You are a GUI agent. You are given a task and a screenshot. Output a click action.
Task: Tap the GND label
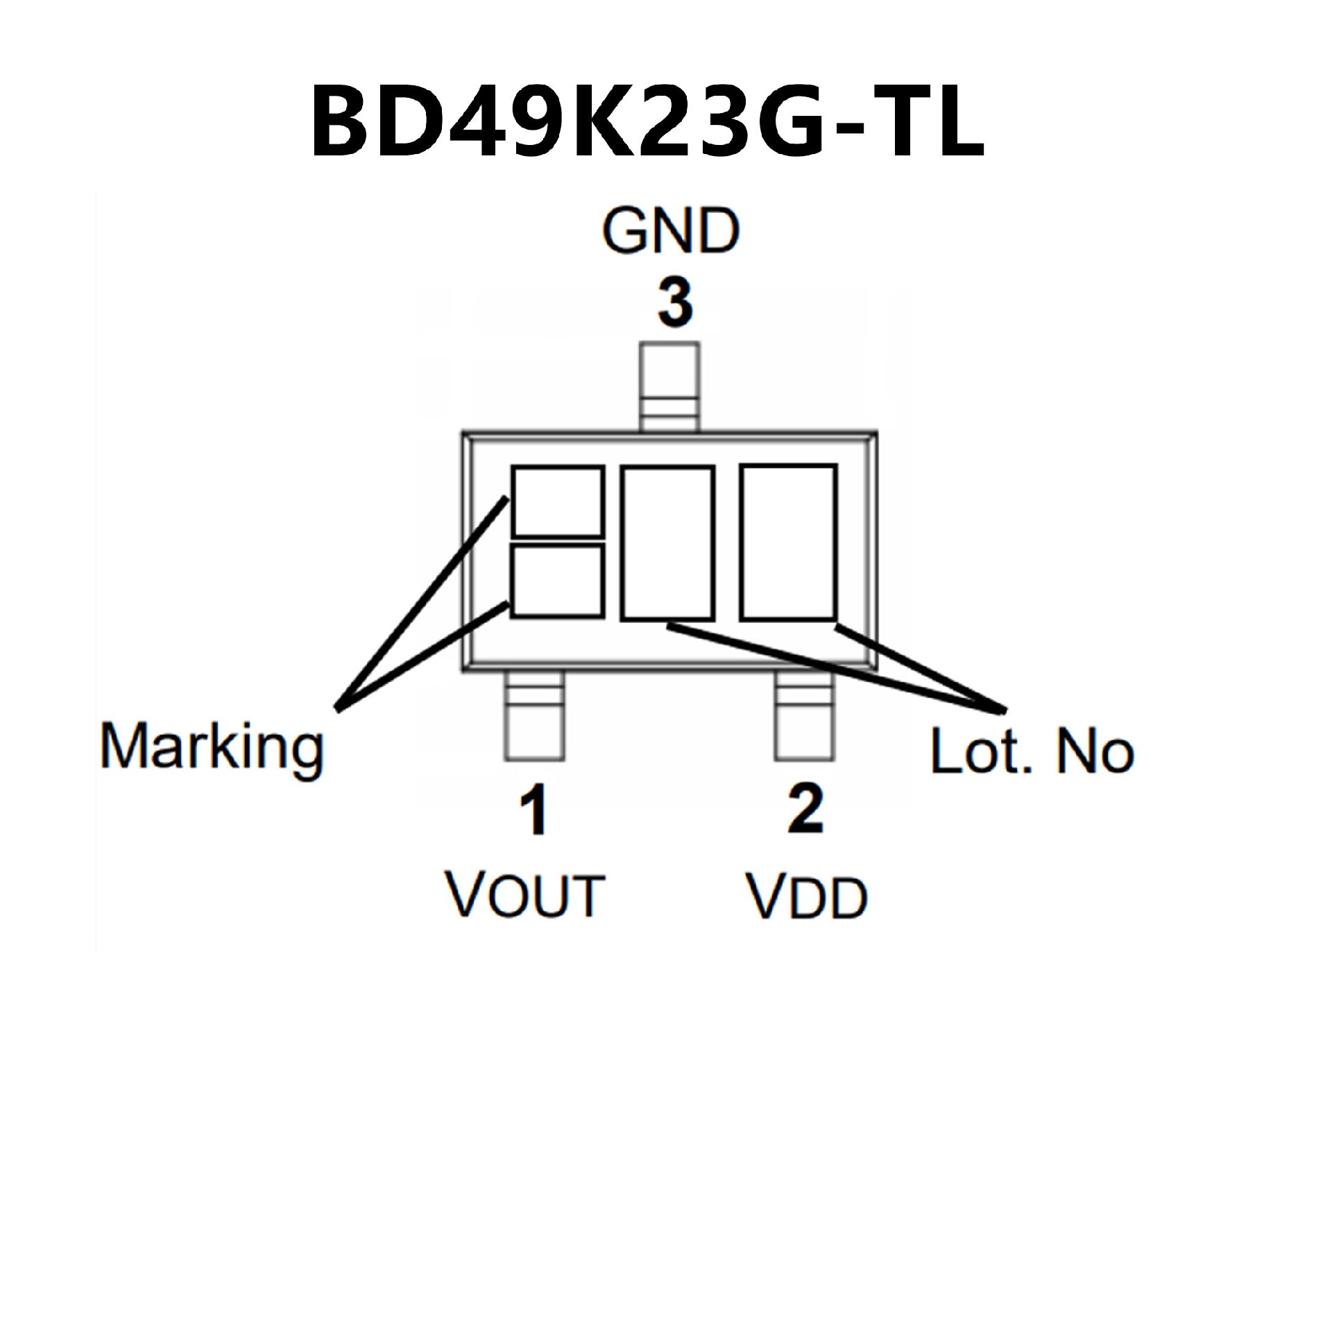click(x=670, y=230)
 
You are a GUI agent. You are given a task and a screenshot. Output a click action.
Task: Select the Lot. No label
click(x=1032, y=751)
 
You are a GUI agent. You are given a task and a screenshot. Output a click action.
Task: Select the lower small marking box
click(x=557, y=581)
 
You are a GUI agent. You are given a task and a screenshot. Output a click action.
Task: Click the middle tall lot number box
click(x=667, y=543)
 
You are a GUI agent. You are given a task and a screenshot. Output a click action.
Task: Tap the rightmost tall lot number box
click(x=788, y=542)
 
